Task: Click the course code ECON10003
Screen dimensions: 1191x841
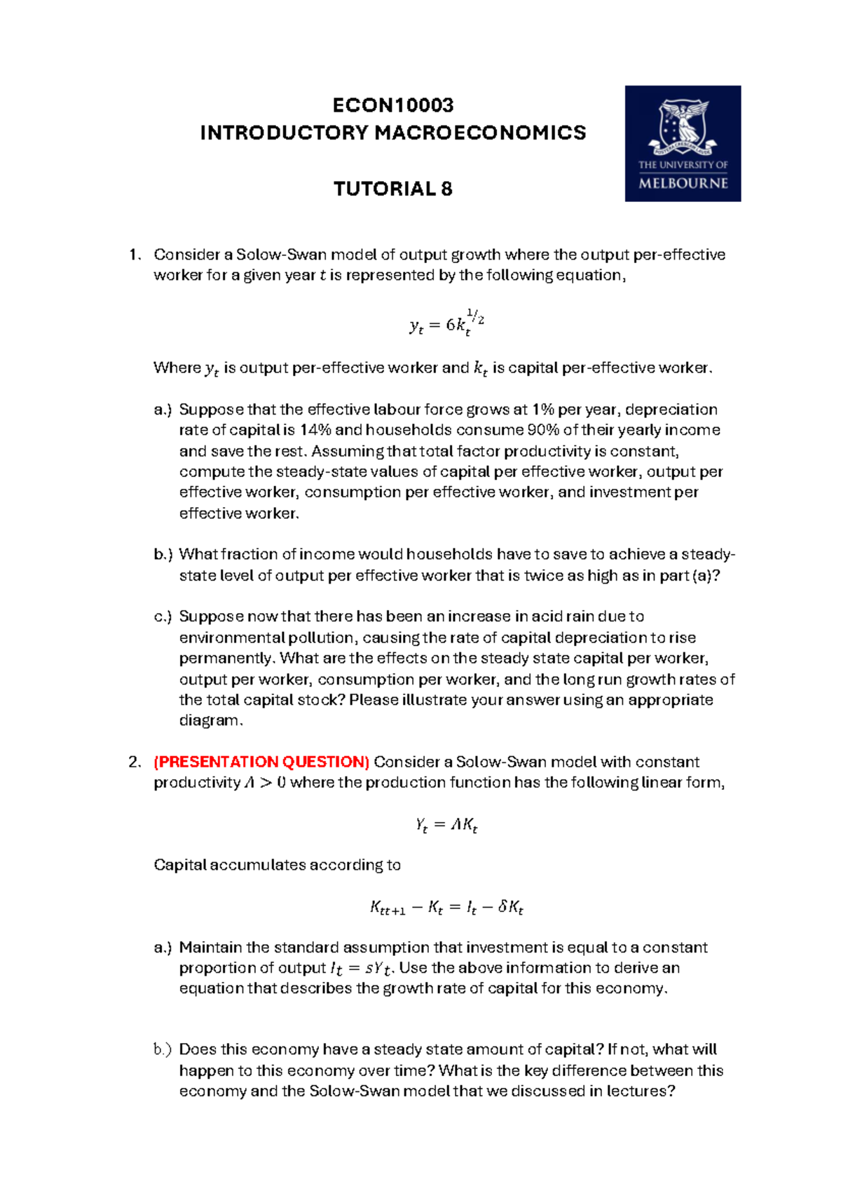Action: point(392,105)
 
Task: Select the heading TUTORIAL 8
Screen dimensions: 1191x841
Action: point(392,189)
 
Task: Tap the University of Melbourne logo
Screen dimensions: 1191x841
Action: point(683,143)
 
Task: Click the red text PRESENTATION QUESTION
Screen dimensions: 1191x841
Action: point(261,762)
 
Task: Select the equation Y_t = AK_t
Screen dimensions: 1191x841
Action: point(446,825)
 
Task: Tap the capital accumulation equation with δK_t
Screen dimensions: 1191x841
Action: point(446,908)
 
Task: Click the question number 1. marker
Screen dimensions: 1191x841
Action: point(135,255)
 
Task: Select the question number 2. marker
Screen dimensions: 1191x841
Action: point(135,762)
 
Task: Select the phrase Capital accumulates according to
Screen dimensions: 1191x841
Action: point(277,865)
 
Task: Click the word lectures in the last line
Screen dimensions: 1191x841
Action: point(637,1091)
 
